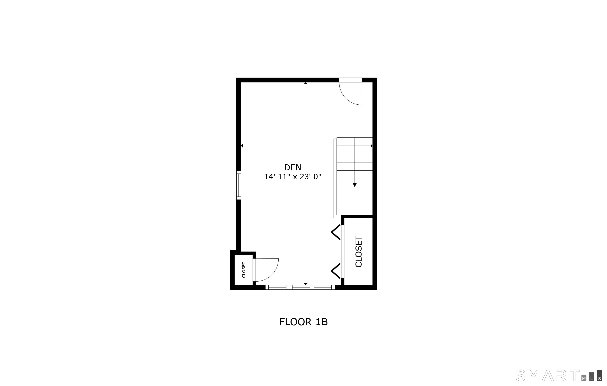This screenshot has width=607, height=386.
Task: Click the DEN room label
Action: [292, 167]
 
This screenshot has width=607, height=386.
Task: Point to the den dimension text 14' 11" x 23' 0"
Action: [292, 177]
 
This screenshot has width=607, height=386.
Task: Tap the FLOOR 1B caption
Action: [303, 322]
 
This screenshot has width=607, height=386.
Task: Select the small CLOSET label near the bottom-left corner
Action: [244, 270]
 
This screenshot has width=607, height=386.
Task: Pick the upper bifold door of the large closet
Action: [336, 233]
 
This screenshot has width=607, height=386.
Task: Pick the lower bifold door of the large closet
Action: [336, 271]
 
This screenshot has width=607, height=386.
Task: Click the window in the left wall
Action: [238, 185]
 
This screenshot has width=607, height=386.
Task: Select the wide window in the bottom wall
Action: [300, 287]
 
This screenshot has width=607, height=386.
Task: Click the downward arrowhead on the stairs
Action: [355, 185]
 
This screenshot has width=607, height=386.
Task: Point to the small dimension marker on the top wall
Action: [305, 83]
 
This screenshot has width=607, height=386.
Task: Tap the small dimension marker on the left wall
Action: [242, 146]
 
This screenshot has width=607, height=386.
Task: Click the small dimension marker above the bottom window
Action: [305, 284]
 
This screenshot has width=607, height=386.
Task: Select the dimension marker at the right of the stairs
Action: [371, 146]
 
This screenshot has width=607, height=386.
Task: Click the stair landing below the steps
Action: [355, 201]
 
